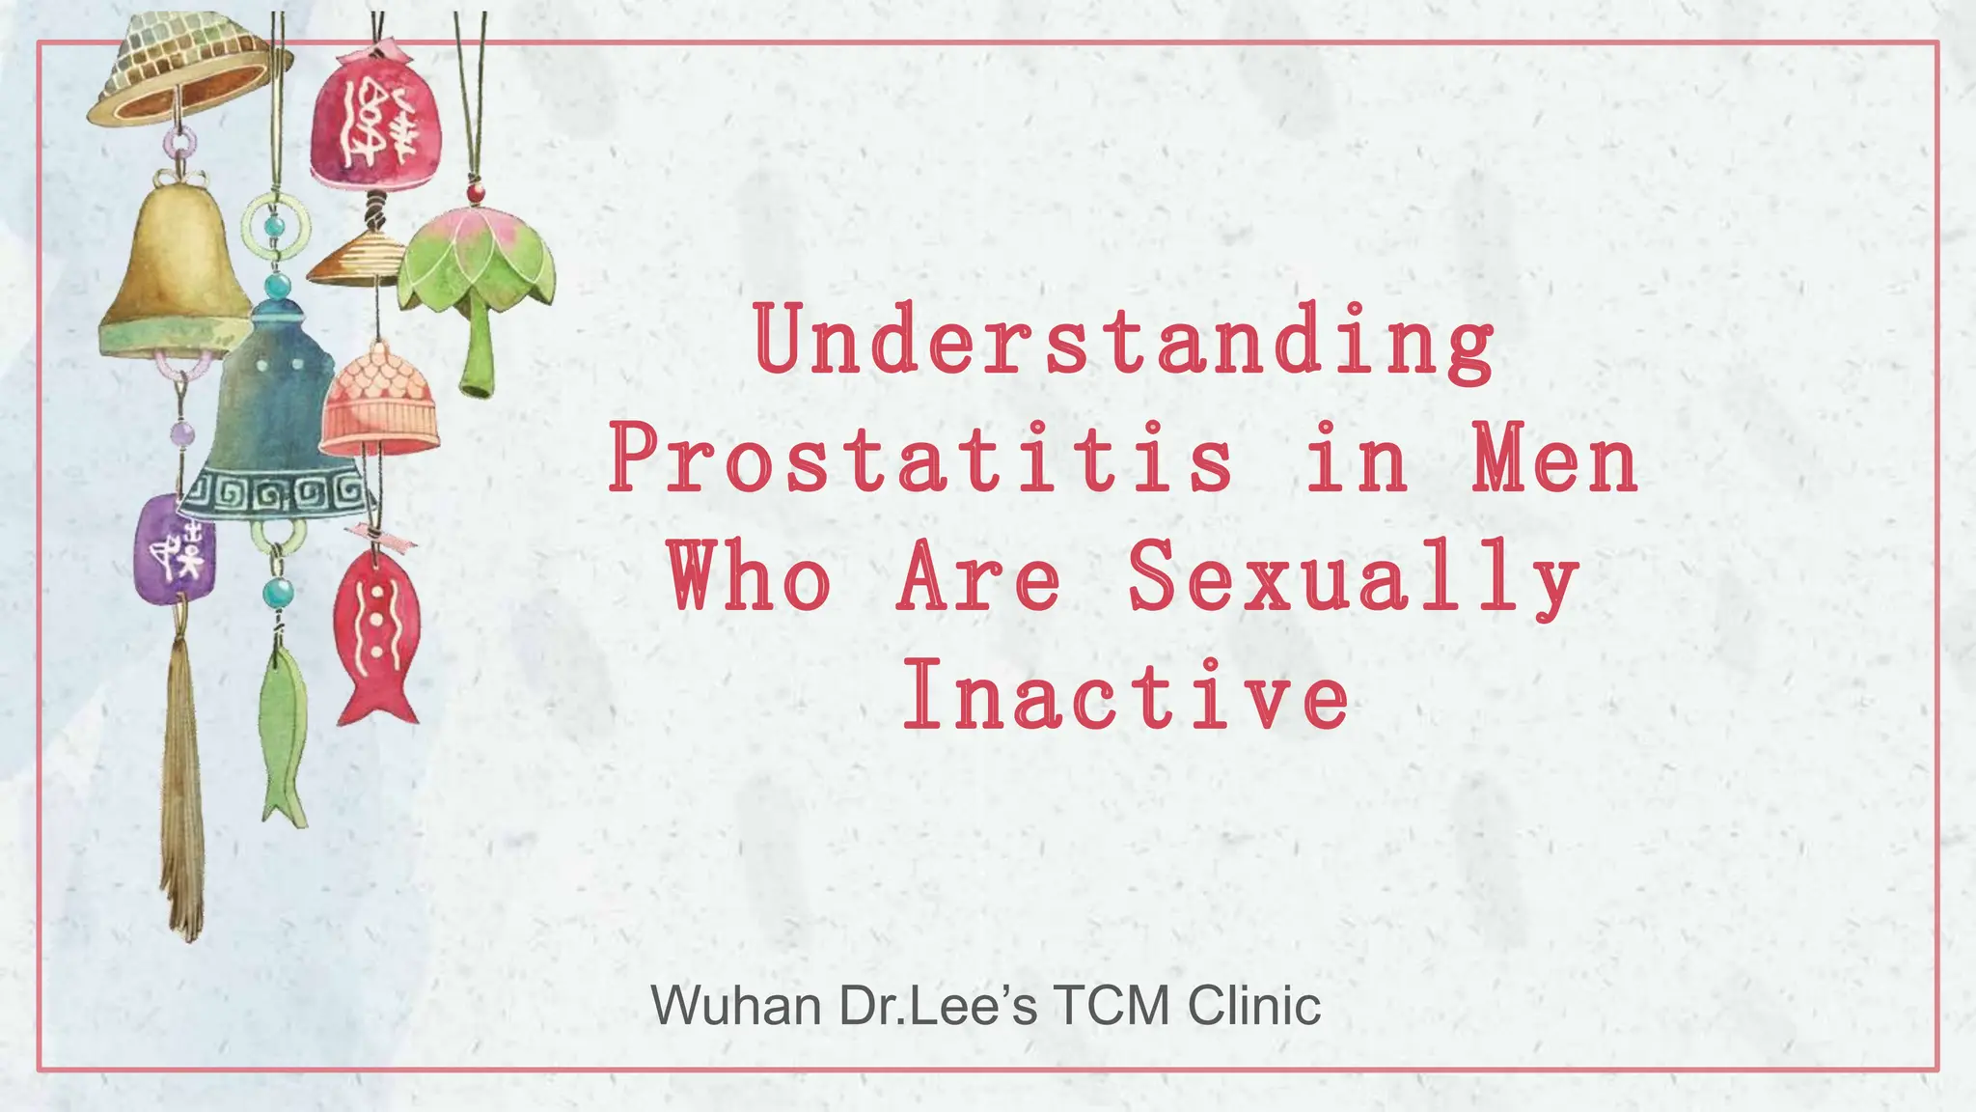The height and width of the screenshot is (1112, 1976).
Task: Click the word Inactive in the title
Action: click(x=1125, y=696)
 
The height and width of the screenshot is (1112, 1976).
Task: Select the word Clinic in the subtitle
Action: click(x=1254, y=1006)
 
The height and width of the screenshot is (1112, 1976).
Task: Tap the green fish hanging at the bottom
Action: click(x=284, y=734)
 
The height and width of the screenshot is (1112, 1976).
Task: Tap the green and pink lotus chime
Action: click(x=478, y=280)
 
